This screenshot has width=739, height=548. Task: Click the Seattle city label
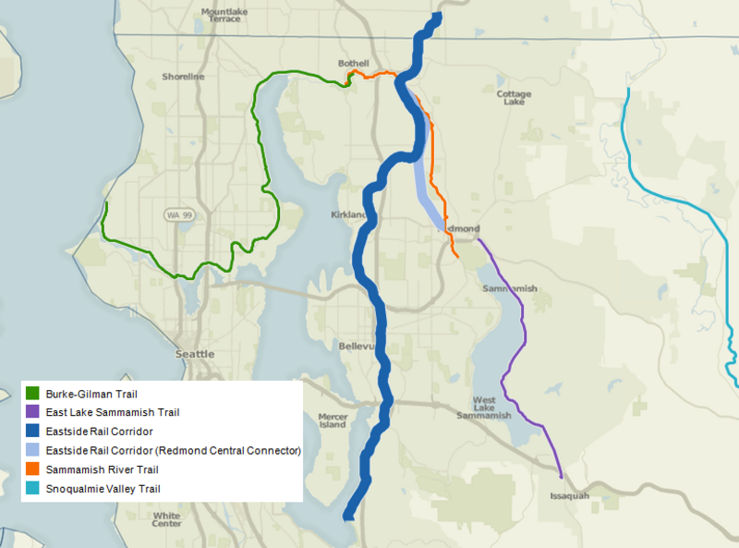click(x=195, y=354)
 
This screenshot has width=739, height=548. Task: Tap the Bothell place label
click(x=354, y=63)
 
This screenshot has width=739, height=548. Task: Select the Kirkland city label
click(x=347, y=215)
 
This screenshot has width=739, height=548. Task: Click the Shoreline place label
click(x=184, y=77)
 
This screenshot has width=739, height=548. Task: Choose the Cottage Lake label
click(x=514, y=99)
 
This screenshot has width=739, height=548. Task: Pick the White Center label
click(x=167, y=519)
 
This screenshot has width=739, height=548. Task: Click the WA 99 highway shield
click(x=180, y=215)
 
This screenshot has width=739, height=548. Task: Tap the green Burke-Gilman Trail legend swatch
click(x=32, y=393)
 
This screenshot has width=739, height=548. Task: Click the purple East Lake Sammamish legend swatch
click(x=32, y=412)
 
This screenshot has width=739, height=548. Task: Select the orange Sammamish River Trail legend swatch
click(x=32, y=469)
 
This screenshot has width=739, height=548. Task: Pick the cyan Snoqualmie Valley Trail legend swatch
click(x=32, y=488)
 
